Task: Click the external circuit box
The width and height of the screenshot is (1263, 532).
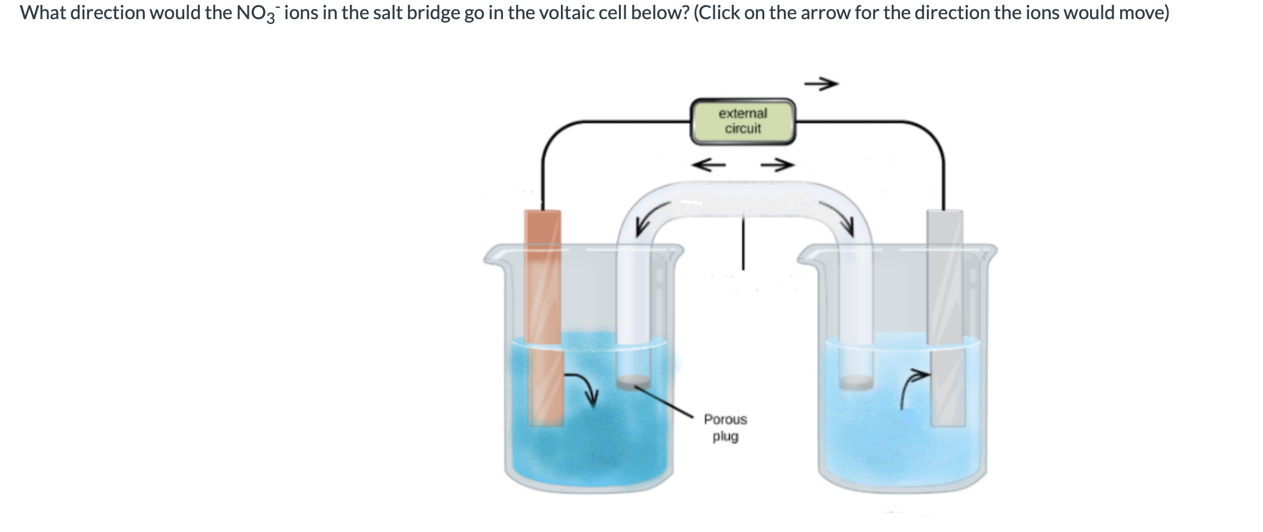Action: pos(743,121)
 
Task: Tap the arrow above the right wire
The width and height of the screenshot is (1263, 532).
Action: pos(821,84)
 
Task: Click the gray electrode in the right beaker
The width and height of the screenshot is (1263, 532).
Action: pos(946,317)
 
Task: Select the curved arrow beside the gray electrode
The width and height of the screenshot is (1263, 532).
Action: pos(914,386)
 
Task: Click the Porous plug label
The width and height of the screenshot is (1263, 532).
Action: pos(725,427)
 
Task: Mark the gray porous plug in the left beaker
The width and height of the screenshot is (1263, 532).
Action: pos(633,381)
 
